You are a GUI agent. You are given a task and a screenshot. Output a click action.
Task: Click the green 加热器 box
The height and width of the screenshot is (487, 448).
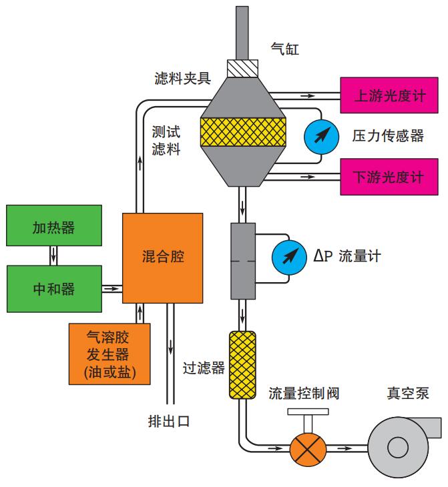[53, 227]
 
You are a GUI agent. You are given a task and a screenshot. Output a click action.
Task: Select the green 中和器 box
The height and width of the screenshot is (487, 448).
[53, 288]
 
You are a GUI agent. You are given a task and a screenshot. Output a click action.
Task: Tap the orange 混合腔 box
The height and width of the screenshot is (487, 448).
[163, 257]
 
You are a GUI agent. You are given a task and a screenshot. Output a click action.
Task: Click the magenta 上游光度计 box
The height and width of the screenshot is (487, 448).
[390, 96]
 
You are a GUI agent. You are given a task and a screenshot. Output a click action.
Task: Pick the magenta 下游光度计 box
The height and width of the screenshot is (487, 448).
[390, 177]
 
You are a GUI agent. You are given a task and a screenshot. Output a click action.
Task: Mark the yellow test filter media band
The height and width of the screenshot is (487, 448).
[243, 134]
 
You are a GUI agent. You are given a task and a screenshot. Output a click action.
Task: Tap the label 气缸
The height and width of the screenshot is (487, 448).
[285, 49]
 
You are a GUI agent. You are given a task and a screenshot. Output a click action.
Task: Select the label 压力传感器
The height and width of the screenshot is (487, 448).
[388, 135]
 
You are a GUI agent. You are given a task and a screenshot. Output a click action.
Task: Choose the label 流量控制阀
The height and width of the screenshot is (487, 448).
[304, 393]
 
